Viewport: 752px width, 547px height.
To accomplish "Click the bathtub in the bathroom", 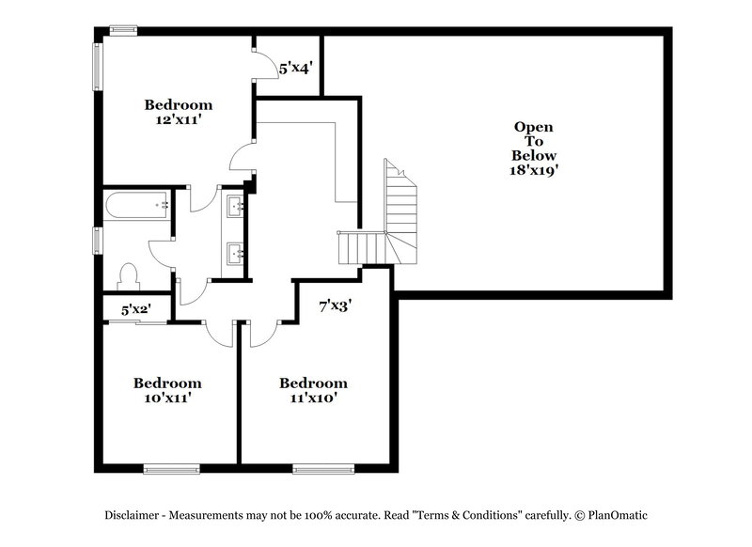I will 137,204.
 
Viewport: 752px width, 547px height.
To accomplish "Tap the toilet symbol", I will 128,275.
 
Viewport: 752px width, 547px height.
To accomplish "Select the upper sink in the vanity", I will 234,204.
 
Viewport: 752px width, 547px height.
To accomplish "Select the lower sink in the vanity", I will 234,252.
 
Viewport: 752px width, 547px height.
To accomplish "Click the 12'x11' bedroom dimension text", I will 178,120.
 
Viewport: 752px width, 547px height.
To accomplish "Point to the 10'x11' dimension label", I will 166,399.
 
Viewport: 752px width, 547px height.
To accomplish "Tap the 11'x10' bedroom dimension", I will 313,399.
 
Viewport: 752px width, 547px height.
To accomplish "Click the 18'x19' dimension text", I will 533,171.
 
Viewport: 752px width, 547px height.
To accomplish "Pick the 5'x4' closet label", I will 295,68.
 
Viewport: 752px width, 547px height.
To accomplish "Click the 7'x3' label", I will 335,305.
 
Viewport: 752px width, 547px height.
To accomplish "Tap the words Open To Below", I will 533,141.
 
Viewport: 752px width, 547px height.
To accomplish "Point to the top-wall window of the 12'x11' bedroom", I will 123,31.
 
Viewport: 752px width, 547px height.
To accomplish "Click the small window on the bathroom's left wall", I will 97,240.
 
